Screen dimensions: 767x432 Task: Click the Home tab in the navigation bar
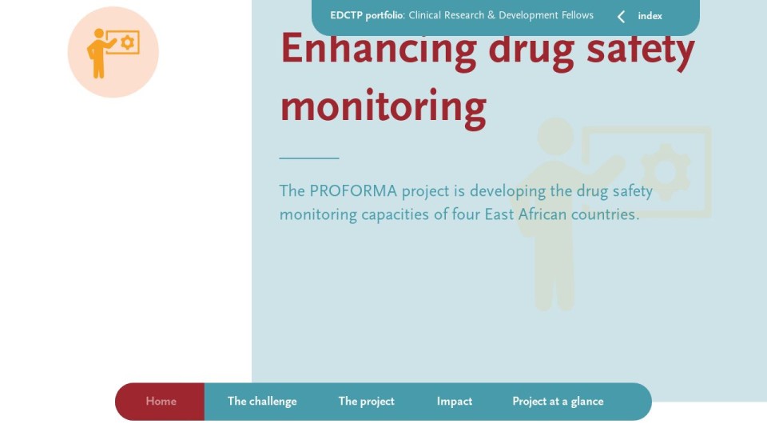pyautogui.click(x=161, y=401)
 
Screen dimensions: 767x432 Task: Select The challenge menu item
pyautogui.click(x=262, y=402)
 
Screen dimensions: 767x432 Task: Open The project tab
pyautogui.click(x=367, y=402)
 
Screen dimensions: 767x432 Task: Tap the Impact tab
pyautogui.click(x=455, y=402)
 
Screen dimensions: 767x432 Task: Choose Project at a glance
pyautogui.click(x=558, y=402)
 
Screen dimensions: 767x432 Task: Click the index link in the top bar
pyautogui.click(x=650, y=16)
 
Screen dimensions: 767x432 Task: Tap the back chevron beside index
pyautogui.click(x=622, y=17)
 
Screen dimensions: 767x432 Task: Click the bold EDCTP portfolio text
pyautogui.click(x=367, y=16)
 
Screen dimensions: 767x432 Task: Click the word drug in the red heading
pyautogui.click(x=531, y=51)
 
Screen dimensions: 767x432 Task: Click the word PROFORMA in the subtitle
pyautogui.click(x=353, y=191)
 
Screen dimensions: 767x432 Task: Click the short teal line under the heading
pyautogui.click(x=309, y=158)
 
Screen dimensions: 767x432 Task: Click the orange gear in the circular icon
pyautogui.click(x=128, y=42)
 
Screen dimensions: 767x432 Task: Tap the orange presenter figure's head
pyautogui.click(x=99, y=34)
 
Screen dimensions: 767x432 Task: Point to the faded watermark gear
pyautogui.click(x=666, y=171)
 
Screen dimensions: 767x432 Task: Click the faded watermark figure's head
pyautogui.click(x=556, y=136)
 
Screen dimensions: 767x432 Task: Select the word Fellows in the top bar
pyautogui.click(x=578, y=15)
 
